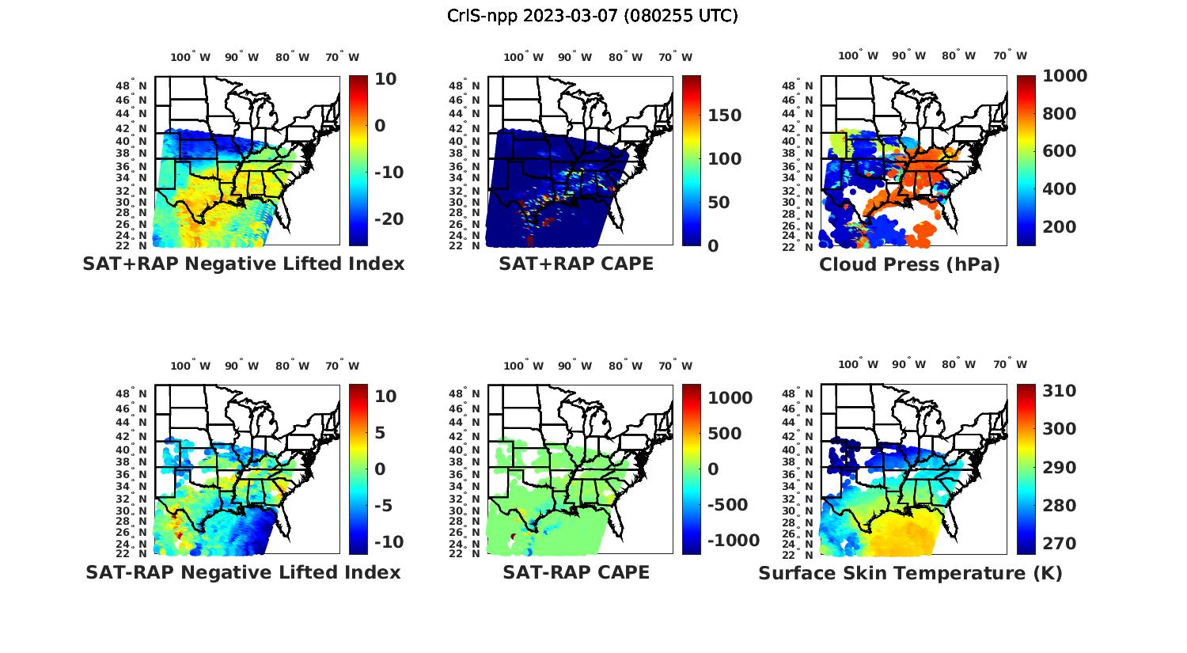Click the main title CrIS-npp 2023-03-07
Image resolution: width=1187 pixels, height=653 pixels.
[593, 16]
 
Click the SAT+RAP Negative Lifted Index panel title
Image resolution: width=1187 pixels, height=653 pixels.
[244, 264]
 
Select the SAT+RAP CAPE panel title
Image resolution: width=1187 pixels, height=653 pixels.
[576, 264]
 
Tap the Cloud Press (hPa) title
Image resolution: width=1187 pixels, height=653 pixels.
[909, 264]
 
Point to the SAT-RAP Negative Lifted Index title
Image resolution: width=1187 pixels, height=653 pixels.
[244, 572]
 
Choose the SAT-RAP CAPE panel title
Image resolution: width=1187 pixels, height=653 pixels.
[576, 572]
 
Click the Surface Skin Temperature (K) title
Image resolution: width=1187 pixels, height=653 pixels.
[910, 573]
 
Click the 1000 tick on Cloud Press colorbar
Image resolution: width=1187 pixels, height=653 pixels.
[1064, 76]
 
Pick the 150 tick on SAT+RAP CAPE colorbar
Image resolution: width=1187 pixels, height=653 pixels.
[724, 116]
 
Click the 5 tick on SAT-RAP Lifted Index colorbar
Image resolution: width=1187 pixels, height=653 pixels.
[379, 433]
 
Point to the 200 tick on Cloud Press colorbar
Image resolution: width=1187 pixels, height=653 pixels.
[1060, 227]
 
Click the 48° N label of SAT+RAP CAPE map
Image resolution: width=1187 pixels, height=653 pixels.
[465, 85]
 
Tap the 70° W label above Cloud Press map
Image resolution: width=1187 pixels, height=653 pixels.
[1011, 56]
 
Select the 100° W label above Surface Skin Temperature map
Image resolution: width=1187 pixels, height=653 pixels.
[859, 365]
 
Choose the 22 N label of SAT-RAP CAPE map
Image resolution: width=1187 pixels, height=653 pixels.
[465, 554]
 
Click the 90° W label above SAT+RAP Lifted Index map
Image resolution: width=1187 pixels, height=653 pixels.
[241, 57]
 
